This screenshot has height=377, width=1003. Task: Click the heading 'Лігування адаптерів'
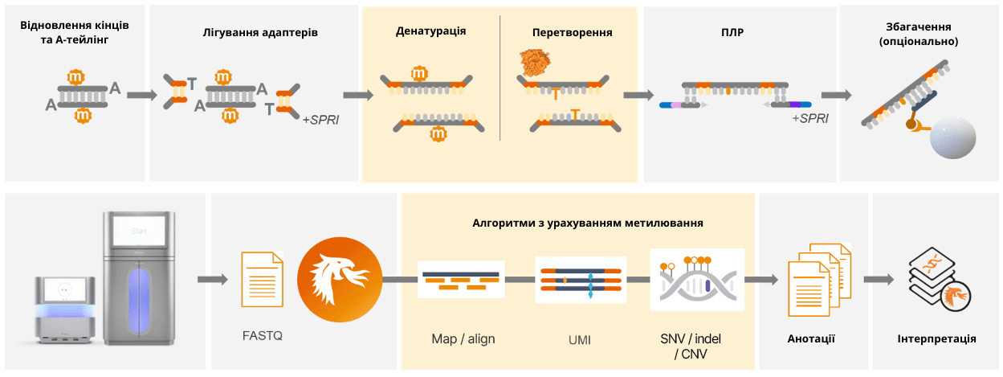tap(260, 33)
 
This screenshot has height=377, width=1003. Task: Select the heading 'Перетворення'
tap(572, 33)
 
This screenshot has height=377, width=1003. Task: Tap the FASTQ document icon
tap(262, 279)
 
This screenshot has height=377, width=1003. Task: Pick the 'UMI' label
tap(579, 339)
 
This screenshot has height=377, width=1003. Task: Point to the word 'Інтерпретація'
tap(936, 338)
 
